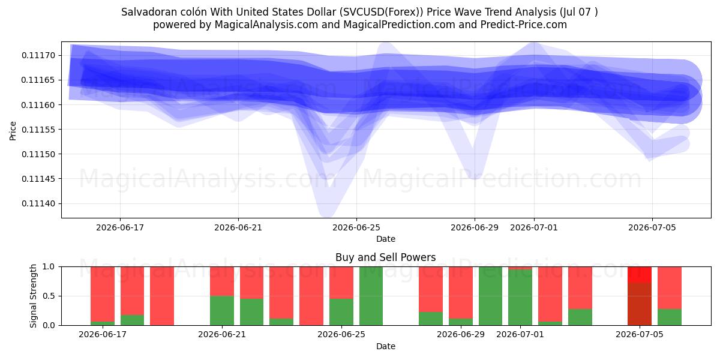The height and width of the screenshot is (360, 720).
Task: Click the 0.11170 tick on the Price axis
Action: click(x=38, y=55)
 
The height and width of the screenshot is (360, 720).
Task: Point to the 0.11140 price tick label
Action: click(x=38, y=203)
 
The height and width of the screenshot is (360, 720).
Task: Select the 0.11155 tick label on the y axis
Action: click(x=38, y=130)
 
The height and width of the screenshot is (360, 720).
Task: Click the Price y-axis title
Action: click(x=13, y=131)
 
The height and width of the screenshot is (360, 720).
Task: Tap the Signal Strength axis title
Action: click(x=33, y=296)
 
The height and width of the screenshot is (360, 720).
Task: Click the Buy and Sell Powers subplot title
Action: click(x=385, y=257)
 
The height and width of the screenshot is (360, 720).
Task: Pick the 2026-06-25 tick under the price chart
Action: click(x=356, y=227)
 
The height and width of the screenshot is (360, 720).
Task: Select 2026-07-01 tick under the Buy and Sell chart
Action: click(x=520, y=334)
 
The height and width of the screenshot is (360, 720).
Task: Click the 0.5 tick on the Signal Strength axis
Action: click(x=49, y=296)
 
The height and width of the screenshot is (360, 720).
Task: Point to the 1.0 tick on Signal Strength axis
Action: click(x=49, y=267)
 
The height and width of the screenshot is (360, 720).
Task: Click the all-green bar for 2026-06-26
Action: click(x=371, y=296)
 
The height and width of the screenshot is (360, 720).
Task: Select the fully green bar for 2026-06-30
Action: click(x=491, y=296)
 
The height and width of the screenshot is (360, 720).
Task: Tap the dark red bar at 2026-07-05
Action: click(x=640, y=304)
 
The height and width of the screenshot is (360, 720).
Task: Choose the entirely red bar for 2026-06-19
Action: click(x=162, y=296)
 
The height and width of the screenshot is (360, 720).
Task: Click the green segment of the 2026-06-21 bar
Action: click(x=222, y=311)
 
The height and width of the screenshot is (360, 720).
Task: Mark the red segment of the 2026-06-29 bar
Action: click(x=461, y=293)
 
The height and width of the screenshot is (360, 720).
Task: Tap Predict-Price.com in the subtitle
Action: click(x=524, y=25)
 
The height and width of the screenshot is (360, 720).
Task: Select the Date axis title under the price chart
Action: click(x=386, y=239)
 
